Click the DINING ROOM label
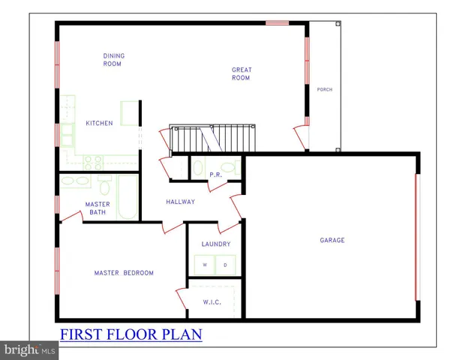(x=113, y=60)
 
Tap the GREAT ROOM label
(x=241, y=73)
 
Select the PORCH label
(x=324, y=90)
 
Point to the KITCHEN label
(x=99, y=123)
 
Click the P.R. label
(x=215, y=175)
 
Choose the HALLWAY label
(x=180, y=202)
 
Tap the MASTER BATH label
(x=98, y=208)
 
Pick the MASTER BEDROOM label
(x=124, y=273)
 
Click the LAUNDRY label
(x=215, y=244)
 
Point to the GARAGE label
(x=332, y=241)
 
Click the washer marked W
(x=203, y=265)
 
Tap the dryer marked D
(x=226, y=265)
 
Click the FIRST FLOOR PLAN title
(x=131, y=334)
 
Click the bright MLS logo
(x=30, y=350)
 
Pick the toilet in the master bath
(x=105, y=184)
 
